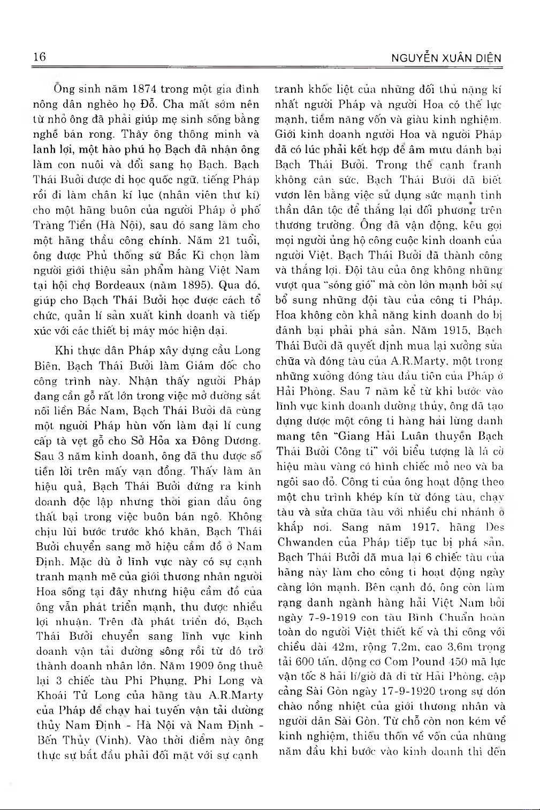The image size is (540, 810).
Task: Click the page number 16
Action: point(40,57)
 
